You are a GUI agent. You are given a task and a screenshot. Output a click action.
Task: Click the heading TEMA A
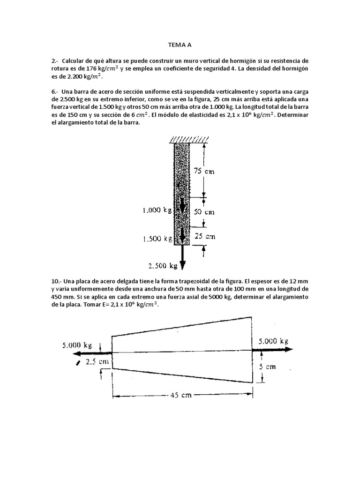click(x=180, y=45)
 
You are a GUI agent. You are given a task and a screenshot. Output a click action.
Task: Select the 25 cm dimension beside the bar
click(x=205, y=236)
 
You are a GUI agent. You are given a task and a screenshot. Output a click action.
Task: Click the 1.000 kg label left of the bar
click(x=157, y=211)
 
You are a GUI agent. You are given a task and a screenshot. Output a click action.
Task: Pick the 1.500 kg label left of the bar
click(x=157, y=239)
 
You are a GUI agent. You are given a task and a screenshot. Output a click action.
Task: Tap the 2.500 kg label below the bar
click(x=163, y=266)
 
